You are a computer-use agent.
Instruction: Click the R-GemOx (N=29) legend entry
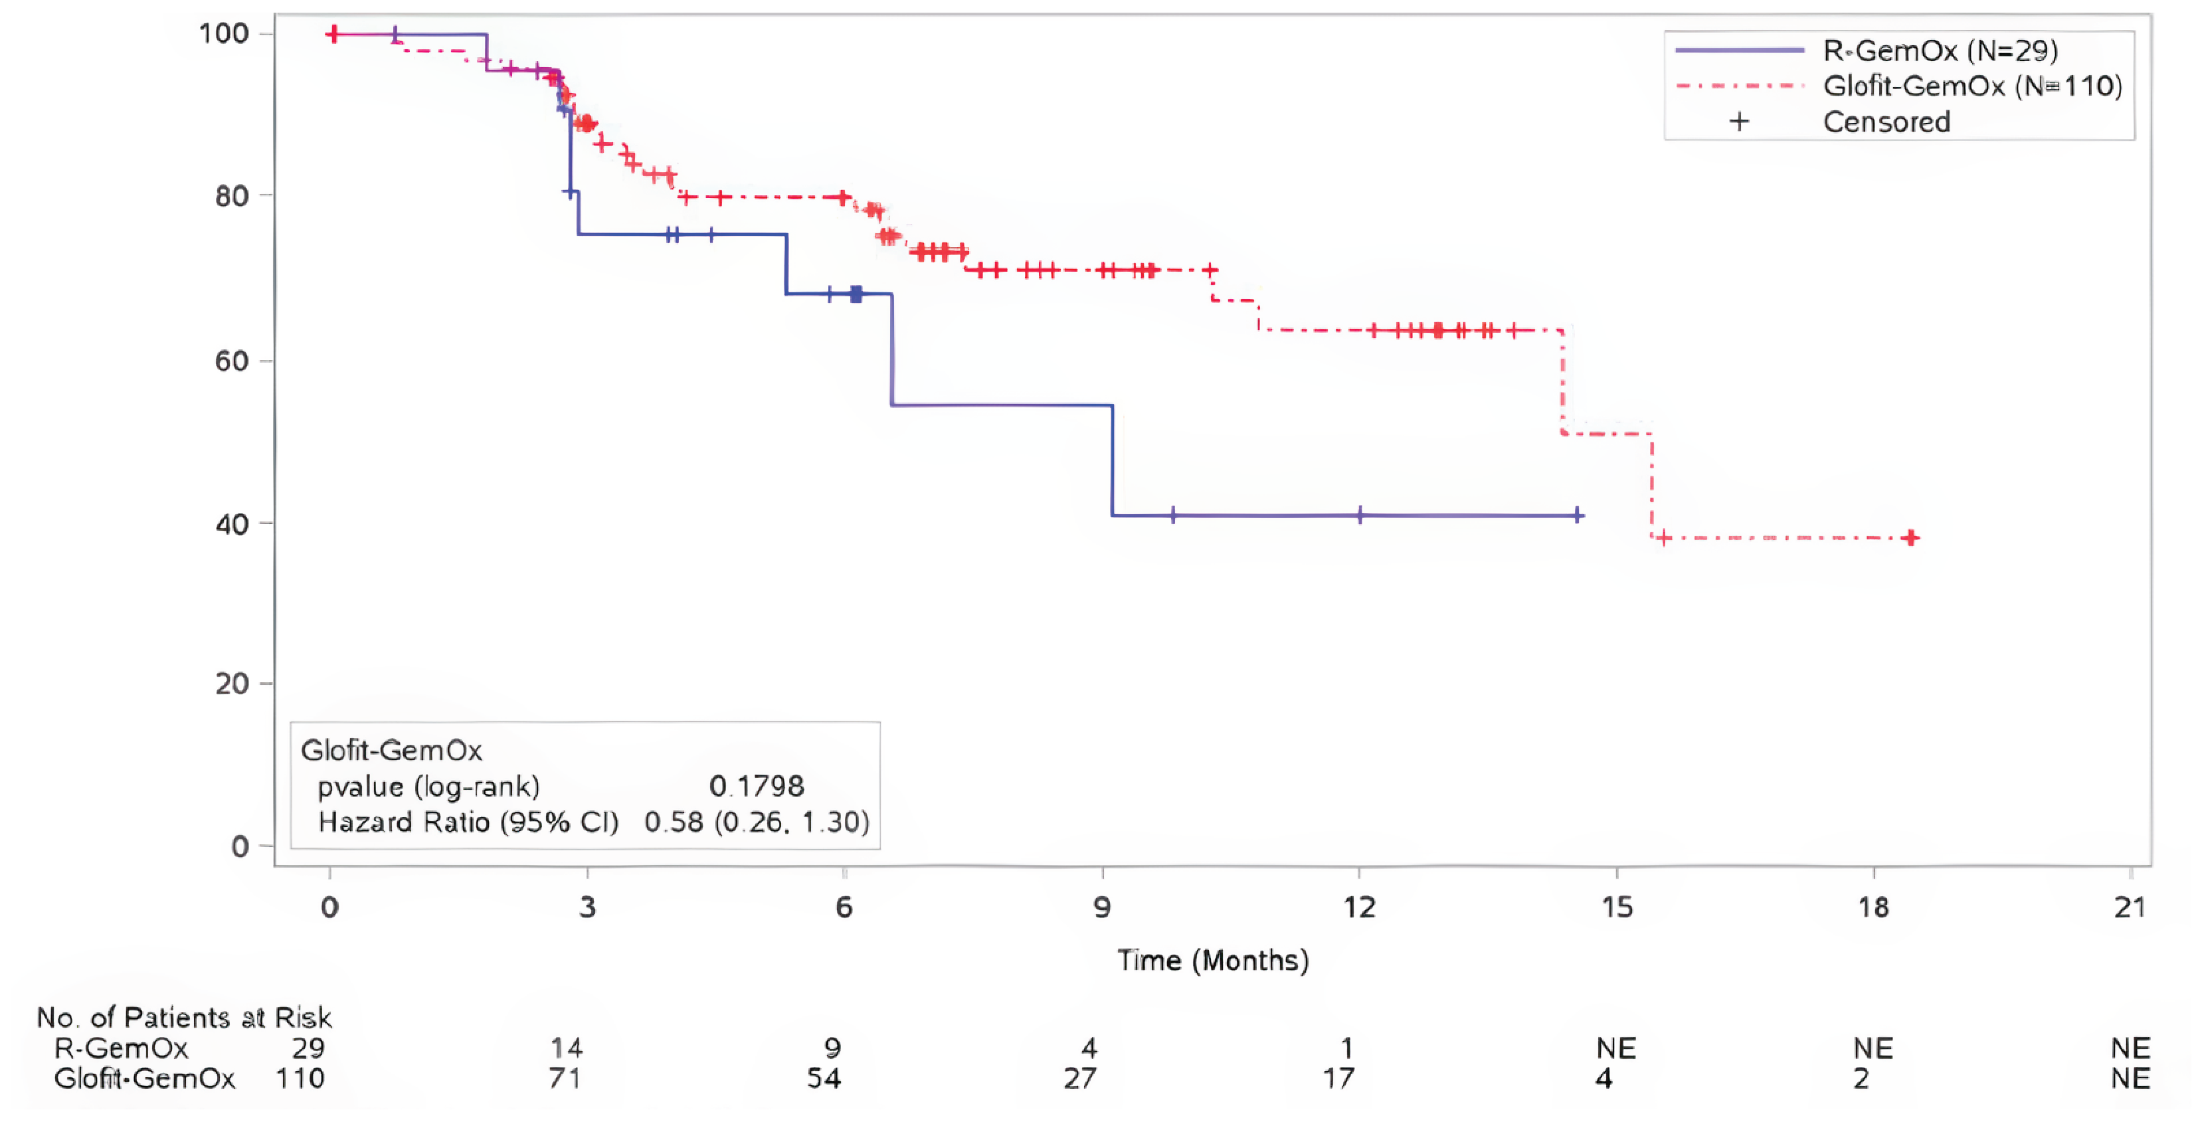click(x=1940, y=51)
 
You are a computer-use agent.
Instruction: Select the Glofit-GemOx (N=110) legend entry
click(x=1972, y=86)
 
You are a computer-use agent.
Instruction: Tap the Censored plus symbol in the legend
click(x=1739, y=122)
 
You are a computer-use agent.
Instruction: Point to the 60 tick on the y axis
click(x=231, y=361)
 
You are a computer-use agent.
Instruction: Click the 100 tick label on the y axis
click(x=223, y=34)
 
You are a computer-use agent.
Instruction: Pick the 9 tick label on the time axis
click(x=1102, y=907)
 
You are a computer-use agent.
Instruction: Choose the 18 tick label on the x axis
click(x=1873, y=907)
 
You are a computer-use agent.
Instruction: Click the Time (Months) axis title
click(x=1213, y=961)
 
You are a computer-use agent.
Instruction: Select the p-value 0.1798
click(x=757, y=787)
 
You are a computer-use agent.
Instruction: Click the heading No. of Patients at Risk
click(x=184, y=1018)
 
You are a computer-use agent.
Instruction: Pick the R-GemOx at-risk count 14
click(x=567, y=1048)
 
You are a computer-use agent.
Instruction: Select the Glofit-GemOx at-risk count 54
click(x=824, y=1079)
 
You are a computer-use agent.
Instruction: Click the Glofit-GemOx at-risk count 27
click(x=1080, y=1079)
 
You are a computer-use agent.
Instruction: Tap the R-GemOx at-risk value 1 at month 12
click(x=1346, y=1048)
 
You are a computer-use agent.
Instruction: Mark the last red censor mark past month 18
click(x=1911, y=537)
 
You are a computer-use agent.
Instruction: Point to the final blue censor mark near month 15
click(x=1578, y=515)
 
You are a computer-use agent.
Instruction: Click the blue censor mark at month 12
click(x=1360, y=515)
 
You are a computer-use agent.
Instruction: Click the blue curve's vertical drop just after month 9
click(x=1112, y=460)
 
